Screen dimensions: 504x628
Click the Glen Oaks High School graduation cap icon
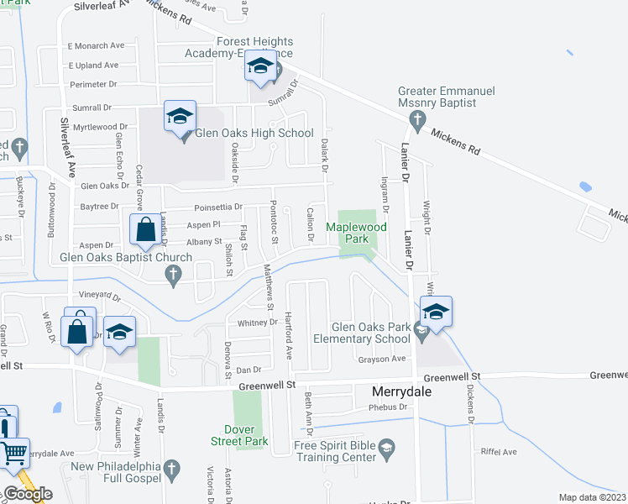coord(180,117)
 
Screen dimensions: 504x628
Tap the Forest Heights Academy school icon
coord(260,67)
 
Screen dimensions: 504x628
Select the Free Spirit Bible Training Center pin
coord(386,446)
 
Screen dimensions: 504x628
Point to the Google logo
coord(27,494)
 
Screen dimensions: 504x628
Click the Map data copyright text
coord(593,497)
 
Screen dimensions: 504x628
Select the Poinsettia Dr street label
coord(217,207)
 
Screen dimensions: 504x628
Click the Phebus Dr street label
coord(390,407)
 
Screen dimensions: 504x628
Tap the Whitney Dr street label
coord(252,323)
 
